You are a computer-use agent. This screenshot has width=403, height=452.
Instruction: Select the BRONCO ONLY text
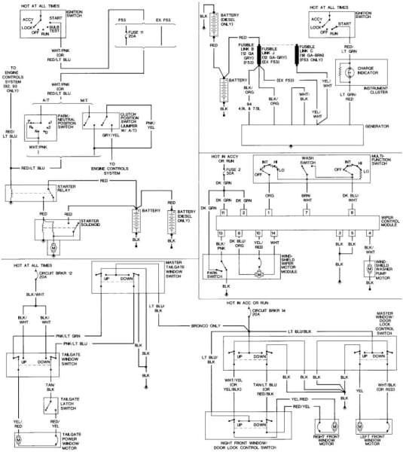click(203, 326)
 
